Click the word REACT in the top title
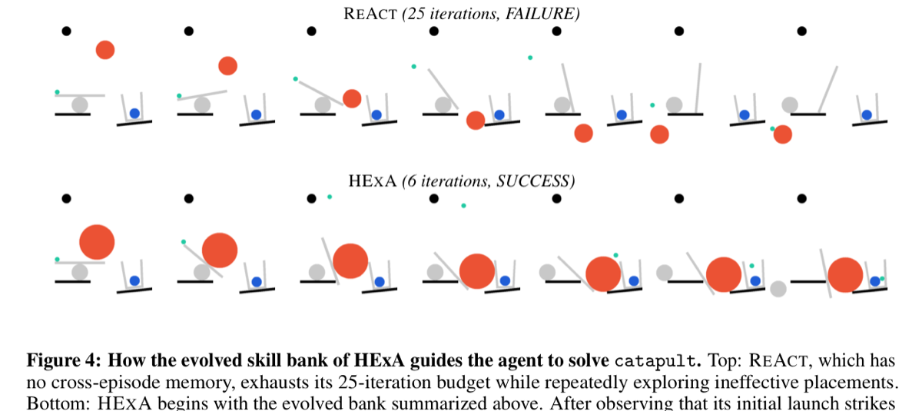point(370,14)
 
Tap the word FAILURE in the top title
point(539,14)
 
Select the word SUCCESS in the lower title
point(533,181)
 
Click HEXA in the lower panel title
point(373,181)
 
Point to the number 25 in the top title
point(416,14)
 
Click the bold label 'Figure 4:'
point(64,361)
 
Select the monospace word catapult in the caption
point(655,361)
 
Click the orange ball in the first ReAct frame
point(105,50)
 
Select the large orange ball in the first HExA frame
point(97,242)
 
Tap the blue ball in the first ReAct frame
point(134,113)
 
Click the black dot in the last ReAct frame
point(802,31)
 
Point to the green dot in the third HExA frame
point(330,197)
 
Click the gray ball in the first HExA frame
point(80,272)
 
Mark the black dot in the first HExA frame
point(66,199)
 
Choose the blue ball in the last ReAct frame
point(867,114)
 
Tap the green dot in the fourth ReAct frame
point(413,67)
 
